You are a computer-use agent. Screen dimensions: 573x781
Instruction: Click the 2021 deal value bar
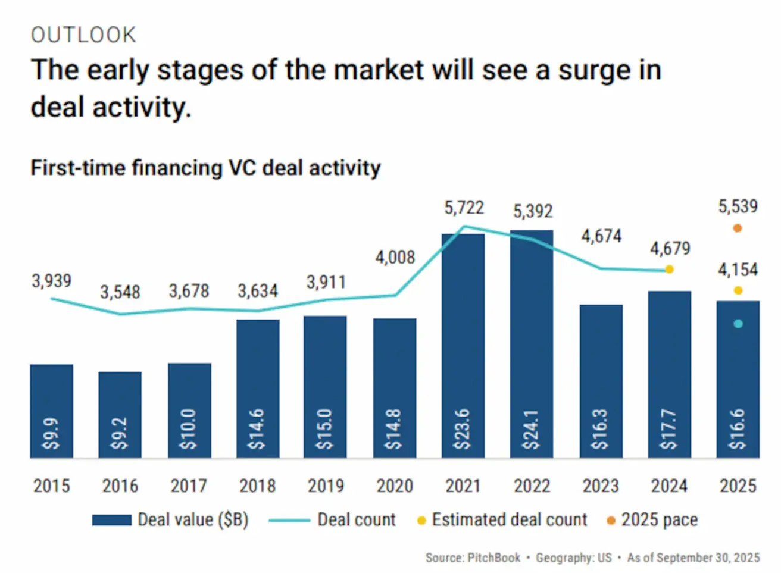(x=463, y=345)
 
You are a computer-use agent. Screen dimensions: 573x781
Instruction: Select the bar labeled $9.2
(x=120, y=414)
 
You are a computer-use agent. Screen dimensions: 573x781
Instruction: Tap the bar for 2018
(x=258, y=388)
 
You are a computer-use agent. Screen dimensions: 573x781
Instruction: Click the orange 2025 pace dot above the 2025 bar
(x=738, y=228)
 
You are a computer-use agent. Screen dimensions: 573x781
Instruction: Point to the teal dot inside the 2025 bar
(x=738, y=324)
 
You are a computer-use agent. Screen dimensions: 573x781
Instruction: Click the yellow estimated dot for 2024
(x=669, y=269)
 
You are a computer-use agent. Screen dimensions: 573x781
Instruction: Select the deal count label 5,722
(x=464, y=208)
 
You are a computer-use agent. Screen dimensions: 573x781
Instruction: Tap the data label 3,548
(x=120, y=292)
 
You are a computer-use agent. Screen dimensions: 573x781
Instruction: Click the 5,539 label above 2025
(x=738, y=206)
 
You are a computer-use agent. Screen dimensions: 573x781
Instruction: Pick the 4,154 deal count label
(x=738, y=270)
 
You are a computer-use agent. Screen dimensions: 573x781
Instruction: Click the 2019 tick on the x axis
(x=326, y=486)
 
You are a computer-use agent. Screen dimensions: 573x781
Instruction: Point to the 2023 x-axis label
(x=601, y=486)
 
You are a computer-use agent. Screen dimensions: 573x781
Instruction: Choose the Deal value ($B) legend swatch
(x=111, y=520)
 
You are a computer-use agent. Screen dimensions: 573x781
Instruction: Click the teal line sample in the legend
(x=289, y=520)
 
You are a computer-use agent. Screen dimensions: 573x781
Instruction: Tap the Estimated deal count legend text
(x=509, y=519)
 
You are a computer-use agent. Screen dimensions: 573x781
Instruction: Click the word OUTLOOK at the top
(x=83, y=35)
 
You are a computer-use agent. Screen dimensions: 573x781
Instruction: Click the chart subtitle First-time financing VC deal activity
(x=205, y=168)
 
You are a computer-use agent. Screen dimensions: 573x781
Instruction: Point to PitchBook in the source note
(x=493, y=558)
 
